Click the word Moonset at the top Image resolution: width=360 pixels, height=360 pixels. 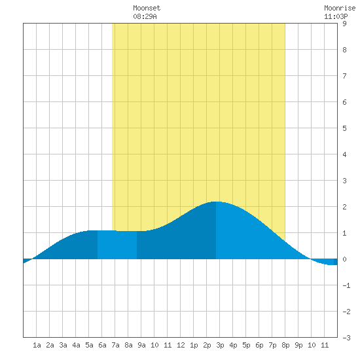pyautogui.click(x=147, y=8)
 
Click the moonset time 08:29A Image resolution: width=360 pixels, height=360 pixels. pyautogui.click(x=145, y=16)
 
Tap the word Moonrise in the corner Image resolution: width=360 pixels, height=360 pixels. pyautogui.click(x=340, y=8)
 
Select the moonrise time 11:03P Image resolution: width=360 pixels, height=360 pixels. pyautogui.click(x=336, y=16)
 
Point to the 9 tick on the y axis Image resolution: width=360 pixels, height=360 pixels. pyautogui.click(x=344, y=24)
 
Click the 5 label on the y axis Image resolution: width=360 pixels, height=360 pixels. pyautogui.click(x=344, y=128)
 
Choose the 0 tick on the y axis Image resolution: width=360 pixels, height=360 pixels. pyautogui.click(x=344, y=259)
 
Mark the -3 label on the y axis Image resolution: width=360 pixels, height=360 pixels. pyautogui.click(x=346, y=338)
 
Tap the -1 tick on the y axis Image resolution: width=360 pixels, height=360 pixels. pyautogui.click(x=346, y=285)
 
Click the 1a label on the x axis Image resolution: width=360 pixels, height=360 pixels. pyautogui.click(x=37, y=345)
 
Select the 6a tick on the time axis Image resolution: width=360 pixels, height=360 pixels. pyautogui.click(x=102, y=345)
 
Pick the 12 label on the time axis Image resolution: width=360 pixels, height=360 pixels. pyautogui.click(x=181, y=345)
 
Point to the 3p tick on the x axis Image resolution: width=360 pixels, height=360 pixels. pyautogui.click(x=220, y=345)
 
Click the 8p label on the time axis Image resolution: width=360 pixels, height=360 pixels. pyautogui.click(x=285, y=345)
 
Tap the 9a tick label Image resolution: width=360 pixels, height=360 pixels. pyautogui.click(x=141, y=345)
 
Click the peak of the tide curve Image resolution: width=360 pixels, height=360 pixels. pyautogui.click(x=216, y=202)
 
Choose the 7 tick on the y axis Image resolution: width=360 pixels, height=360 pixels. pyautogui.click(x=344, y=76)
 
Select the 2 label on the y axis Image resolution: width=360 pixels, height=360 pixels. pyautogui.click(x=344, y=207)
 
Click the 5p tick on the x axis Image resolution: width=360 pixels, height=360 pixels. pyautogui.click(x=246, y=345)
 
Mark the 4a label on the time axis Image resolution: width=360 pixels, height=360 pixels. pyautogui.click(x=76, y=345)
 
